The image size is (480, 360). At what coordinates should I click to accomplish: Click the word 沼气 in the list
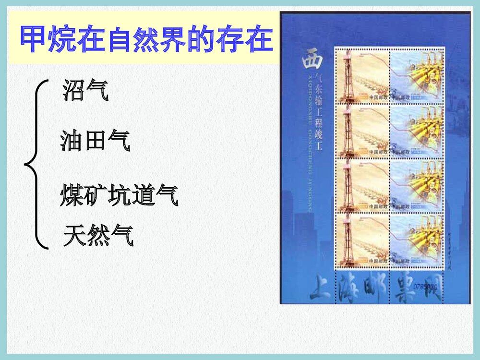tap(85, 91)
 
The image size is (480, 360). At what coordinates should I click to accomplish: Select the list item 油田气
tap(95, 142)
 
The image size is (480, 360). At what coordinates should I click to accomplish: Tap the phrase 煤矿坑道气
tap(119, 196)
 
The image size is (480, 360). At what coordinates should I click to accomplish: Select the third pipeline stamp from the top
tap(416, 185)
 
